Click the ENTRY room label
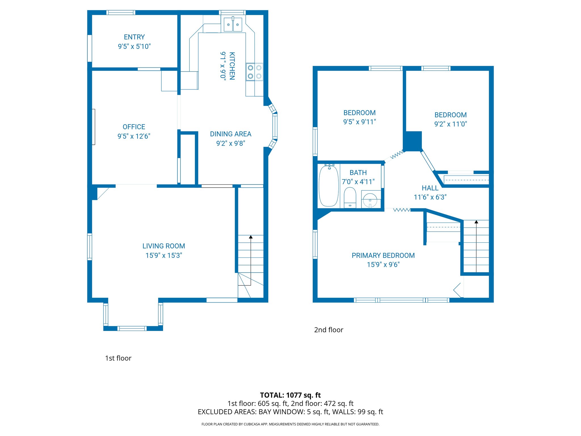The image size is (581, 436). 134,37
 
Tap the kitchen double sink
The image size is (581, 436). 233,25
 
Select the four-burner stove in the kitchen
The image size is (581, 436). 254,72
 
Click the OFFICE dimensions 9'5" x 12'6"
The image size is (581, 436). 134,136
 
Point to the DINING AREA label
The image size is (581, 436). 230,134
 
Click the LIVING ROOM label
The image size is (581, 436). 164,246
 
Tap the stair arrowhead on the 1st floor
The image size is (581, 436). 251,237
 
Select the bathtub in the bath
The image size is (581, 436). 329,186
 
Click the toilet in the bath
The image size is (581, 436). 350,197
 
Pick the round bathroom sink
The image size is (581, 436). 370,200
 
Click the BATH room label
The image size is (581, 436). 358,173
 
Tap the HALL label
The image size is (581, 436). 430,188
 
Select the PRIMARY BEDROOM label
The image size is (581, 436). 383,255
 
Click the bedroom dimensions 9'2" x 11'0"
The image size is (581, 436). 451,124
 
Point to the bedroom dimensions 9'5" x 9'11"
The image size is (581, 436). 359,122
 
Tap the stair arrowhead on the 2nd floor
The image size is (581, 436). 476,222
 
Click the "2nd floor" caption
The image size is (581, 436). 329,330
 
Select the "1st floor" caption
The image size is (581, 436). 118,358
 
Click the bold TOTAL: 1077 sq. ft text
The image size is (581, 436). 290,395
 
